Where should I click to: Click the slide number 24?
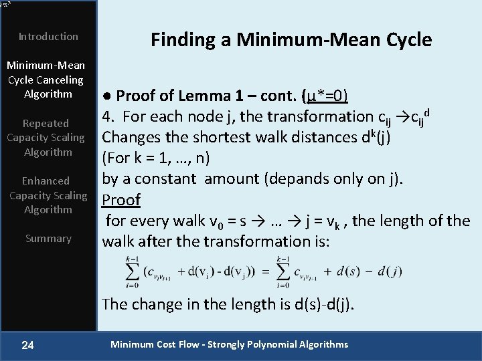pos(27,345)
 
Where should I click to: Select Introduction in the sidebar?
pos(48,37)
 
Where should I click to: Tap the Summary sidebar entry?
pos(48,239)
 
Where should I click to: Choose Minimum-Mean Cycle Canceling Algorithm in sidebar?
pos(46,80)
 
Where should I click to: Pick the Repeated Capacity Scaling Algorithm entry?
pos(46,138)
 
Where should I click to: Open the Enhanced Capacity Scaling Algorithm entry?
pos(48,195)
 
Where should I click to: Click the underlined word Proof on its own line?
pos(121,200)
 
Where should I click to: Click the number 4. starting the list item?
pos(110,116)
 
